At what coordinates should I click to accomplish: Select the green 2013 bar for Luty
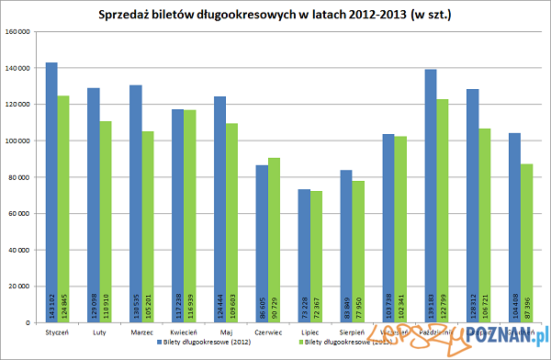tap(106, 211)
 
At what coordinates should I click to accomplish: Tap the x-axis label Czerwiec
tap(268, 332)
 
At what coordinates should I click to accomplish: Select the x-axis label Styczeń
tap(58, 332)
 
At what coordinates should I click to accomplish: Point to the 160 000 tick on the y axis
tap(18, 32)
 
